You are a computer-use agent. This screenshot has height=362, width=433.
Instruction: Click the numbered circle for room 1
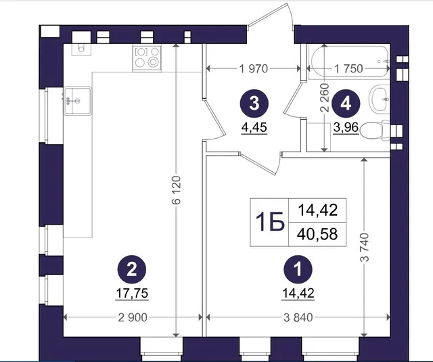coord(298,269)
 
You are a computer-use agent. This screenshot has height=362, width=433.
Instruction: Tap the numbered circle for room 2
coord(132,269)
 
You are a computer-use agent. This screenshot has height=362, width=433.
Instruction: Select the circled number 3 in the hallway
coord(254,104)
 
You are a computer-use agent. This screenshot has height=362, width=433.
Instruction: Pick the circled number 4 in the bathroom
coord(346,104)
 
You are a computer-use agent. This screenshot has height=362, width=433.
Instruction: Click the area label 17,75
coord(132,293)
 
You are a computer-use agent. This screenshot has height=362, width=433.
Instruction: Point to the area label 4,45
coord(254,128)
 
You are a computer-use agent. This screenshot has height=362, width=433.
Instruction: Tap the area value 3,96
coord(346,128)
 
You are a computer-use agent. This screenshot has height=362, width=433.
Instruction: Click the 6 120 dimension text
coord(176,189)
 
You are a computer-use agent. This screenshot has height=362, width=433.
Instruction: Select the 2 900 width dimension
coord(133,317)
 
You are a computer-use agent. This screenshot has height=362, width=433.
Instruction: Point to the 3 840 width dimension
coord(298,317)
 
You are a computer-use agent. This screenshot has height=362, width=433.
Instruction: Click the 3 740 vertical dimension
coord(365,247)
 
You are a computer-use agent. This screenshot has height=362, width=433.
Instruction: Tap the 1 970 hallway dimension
coord(254,68)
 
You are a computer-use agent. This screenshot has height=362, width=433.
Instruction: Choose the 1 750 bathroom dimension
coord(348,68)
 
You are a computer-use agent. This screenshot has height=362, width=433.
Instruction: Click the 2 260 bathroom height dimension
coord(325,97)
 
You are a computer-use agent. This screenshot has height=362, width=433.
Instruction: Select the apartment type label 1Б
coord(270,222)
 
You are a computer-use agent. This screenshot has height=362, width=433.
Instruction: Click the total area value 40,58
coord(317,234)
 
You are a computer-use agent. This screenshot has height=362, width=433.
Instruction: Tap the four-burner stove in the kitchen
coord(147,59)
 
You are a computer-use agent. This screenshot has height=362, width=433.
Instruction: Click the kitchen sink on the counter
coord(77,101)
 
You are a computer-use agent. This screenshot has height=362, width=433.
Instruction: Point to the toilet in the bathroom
coord(375,131)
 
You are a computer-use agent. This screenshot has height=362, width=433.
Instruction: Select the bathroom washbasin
coord(380,99)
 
